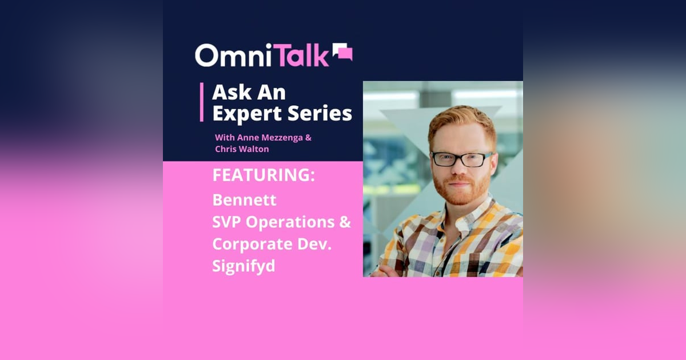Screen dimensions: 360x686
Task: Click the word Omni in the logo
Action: point(229,56)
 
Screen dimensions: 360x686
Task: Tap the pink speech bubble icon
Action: point(342,52)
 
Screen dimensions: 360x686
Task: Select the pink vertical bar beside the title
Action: point(202,102)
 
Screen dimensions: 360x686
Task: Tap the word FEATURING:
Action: point(264,175)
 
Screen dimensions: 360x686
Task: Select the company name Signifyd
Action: point(244,266)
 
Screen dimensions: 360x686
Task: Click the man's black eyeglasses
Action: point(461,159)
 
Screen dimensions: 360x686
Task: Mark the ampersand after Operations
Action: point(345,222)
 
